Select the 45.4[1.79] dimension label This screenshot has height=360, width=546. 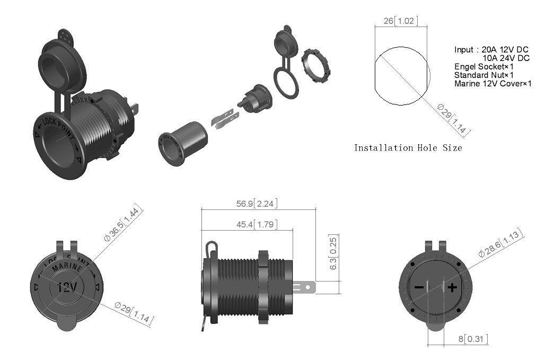coord(257,225)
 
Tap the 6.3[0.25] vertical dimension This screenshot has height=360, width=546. coord(333,252)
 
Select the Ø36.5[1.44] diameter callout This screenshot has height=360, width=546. coord(124,224)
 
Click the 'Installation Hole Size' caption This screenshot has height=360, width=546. coord(408,148)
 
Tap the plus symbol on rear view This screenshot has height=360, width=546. coord(452,288)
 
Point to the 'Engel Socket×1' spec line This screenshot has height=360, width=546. coord(484,67)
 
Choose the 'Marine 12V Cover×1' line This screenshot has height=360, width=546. coord(492,84)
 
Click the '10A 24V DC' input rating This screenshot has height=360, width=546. coord(506,58)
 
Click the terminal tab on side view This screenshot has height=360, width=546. coord(304,287)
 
